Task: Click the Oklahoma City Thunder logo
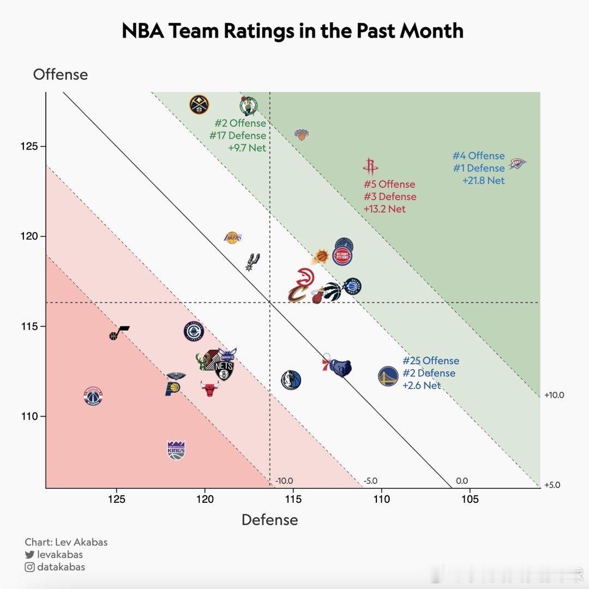click(x=517, y=164)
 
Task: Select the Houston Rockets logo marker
click(x=370, y=167)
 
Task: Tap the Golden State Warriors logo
click(x=388, y=376)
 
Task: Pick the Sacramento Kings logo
click(x=176, y=450)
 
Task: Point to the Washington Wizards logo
click(x=93, y=396)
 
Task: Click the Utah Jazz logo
click(x=119, y=333)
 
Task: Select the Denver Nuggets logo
click(x=199, y=104)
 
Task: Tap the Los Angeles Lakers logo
click(x=233, y=237)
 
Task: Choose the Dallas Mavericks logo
click(x=291, y=380)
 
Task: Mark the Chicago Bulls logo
click(x=209, y=389)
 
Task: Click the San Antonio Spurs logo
click(x=252, y=262)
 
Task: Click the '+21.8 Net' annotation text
click(x=483, y=181)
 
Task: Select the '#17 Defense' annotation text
click(x=237, y=135)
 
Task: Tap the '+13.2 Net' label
click(x=384, y=209)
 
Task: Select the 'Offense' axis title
click(x=60, y=75)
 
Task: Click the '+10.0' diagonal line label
click(x=554, y=395)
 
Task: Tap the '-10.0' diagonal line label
click(x=284, y=480)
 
